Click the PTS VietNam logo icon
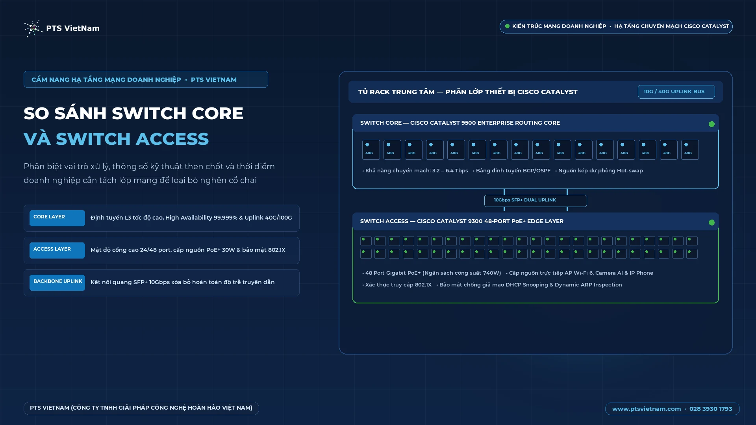[33, 28]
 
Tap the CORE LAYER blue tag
[57, 218]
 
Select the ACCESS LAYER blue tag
[57, 250]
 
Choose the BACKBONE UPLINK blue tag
[57, 283]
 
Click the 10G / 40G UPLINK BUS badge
[676, 92]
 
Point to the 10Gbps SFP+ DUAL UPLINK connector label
[535, 201]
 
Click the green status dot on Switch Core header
[712, 124]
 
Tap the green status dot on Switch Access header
[712, 222]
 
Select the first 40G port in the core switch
[371, 150]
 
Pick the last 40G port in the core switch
[690, 150]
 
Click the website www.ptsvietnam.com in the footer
[646, 409]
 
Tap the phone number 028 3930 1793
[711, 409]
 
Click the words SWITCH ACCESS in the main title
[132, 139]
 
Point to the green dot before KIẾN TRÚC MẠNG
[507, 26]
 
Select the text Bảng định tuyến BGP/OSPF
[513, 171]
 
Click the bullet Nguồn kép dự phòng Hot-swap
[599, 171]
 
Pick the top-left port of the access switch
[366, 241]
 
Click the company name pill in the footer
[141, 408]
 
